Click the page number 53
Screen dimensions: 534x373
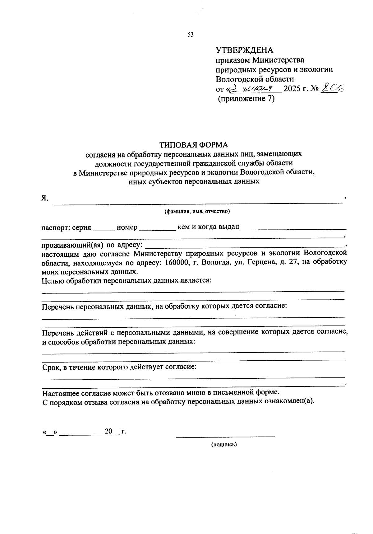(x=191, y=35)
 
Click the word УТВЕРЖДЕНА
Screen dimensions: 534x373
(x=244, y=50)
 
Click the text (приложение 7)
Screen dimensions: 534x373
(x=246, y=99)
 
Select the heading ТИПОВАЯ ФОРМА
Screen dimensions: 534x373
(x=194, y=145)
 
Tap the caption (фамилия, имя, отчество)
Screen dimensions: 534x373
(x=197, y=212)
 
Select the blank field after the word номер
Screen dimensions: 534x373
(x=158, y=229)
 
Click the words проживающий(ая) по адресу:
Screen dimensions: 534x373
(x=92, y=244)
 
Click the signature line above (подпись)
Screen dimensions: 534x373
(x=225, y=436)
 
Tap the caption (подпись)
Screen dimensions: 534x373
(x=224, y=445)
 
